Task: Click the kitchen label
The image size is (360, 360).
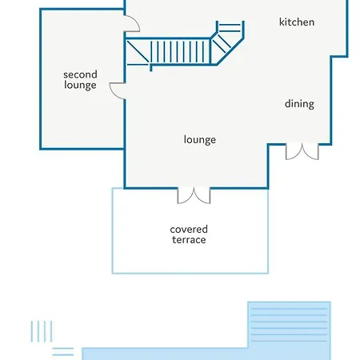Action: click(x=297, y=22)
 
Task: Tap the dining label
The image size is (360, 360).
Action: click(x=299, y=104)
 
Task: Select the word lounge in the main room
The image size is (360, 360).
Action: click(x=200, y=140)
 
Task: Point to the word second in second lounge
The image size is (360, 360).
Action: click(x=80, y=74)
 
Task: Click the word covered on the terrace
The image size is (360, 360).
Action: click(x=189, y=230)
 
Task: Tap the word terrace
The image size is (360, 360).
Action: click(x=189, y=240)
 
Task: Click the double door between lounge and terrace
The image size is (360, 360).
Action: click(x=194, y=195)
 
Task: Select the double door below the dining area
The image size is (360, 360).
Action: click(x=302, y=151)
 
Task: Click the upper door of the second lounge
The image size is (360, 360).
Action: click(x=133, y=23)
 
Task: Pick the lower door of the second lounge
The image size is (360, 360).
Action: click(x=118, y=90)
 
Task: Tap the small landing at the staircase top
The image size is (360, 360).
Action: click(x=230, y=26)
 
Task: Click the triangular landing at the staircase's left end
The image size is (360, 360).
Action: click(x=138, y=52)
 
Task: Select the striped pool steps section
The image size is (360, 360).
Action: click(x=289, y=325)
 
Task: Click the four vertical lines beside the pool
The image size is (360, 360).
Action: click(x=42, y=331)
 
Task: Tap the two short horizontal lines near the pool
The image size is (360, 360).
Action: click(x=63, y=351)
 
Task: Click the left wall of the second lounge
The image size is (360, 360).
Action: click(x=41, y=79)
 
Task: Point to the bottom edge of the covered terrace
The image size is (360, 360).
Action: click(x=190, y=273)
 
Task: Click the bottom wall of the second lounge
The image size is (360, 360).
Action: click(x=82, y=149)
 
